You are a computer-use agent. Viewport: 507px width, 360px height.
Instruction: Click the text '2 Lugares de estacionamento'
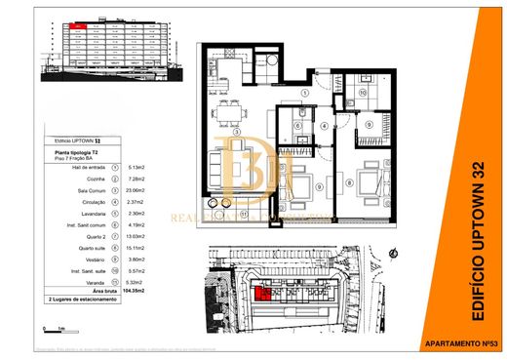[82, 299]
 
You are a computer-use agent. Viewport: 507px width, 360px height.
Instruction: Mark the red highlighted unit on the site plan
[261, 296]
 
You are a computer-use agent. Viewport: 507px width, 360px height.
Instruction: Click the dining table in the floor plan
[230, 109]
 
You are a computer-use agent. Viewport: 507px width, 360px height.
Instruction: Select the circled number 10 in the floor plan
[362, 93]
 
